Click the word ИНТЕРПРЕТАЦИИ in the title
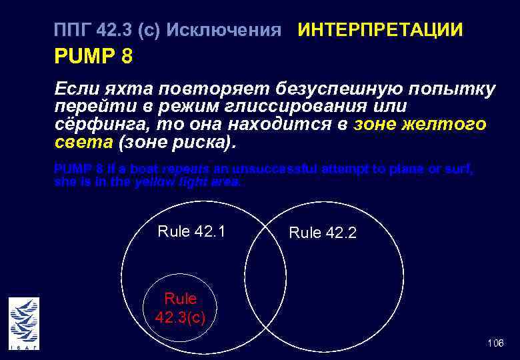click(x=380, y=30)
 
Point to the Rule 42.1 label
click(x=191, y=231)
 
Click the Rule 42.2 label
click(x=323, y=233)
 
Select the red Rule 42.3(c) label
click(x=180, y=307)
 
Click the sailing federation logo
click(x=24, y=323)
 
